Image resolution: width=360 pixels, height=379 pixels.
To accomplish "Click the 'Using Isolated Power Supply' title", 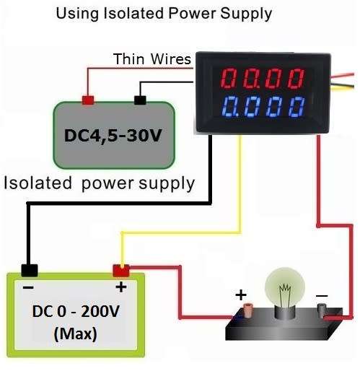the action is point(164,14).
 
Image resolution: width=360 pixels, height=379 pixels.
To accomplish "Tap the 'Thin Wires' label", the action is point(152,58).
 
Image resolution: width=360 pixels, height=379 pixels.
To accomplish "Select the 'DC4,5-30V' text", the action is point(113,136).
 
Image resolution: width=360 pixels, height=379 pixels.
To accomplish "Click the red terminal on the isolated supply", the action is point(88,100).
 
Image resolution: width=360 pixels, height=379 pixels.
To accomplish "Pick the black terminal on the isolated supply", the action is point(140,100).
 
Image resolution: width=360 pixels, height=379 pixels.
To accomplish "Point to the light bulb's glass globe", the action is point(285,287).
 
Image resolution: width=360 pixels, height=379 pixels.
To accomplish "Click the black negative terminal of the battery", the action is point(30,271).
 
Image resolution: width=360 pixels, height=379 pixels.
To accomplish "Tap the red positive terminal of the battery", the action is point(121,271).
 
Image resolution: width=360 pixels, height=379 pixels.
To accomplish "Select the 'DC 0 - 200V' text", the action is point(76,311).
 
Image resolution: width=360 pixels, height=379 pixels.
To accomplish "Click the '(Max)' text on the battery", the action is point(76,334).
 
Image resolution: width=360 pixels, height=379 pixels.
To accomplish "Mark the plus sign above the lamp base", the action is point(241,295).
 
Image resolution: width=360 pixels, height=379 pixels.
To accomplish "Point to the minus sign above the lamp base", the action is point(322,295).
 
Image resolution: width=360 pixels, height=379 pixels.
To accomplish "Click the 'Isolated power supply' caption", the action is point(100,183).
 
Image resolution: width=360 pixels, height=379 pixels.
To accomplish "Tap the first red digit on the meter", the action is point(229,78).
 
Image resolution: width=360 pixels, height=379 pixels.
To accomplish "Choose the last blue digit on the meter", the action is point(297,107).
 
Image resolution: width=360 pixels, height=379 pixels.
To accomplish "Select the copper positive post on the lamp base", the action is point(247,311).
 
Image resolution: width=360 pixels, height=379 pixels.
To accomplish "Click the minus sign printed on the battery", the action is point(28,287).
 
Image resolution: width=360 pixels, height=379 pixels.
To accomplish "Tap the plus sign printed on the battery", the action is point(121,287).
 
